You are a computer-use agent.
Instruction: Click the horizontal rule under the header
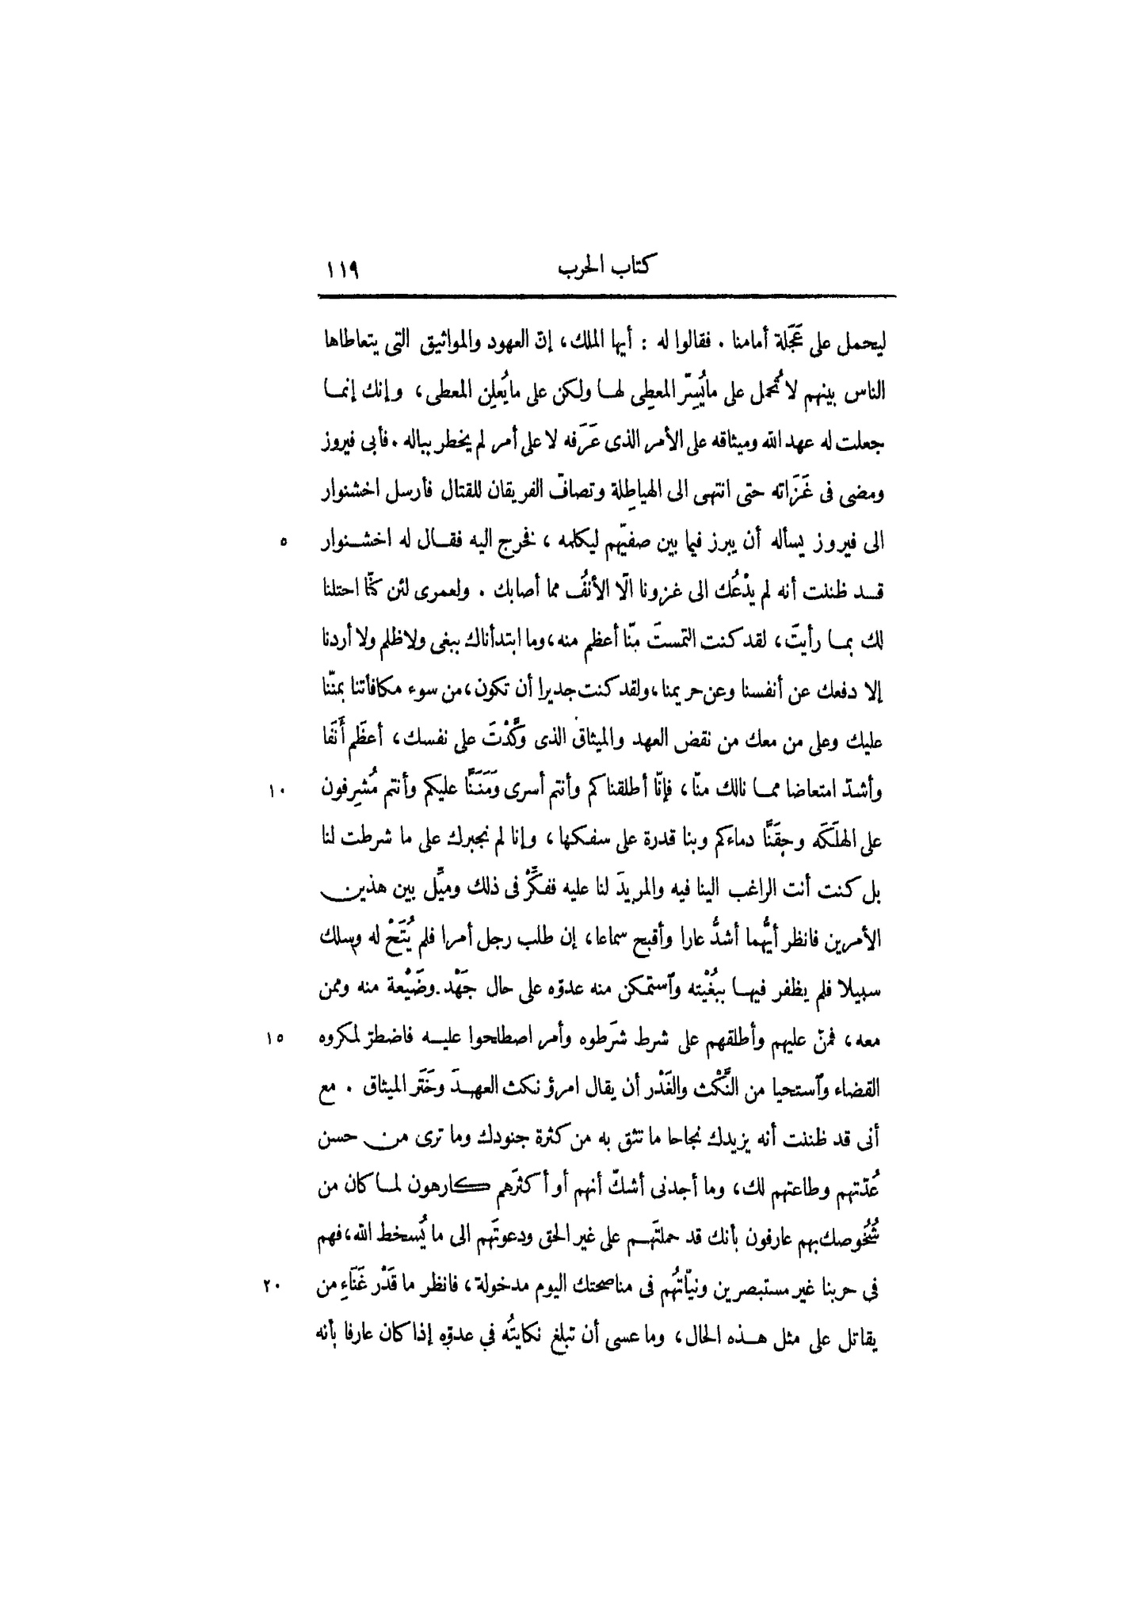coord(606,297)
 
